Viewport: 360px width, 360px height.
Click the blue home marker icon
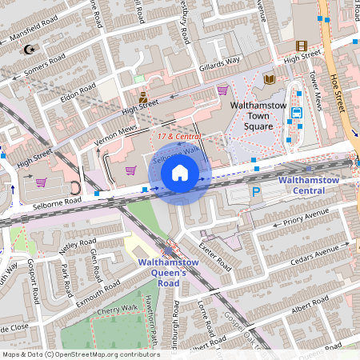[x=180, y=173]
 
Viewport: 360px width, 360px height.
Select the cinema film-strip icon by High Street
[x=301, y=46]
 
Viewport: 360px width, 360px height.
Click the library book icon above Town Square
[x=269, y=78]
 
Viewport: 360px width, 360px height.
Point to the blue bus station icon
[x=296, y=113]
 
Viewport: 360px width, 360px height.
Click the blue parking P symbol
[x=257, y=192]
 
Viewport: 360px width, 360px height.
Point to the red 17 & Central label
[x=178, y=137]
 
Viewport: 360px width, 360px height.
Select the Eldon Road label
[x=78, y=92]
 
